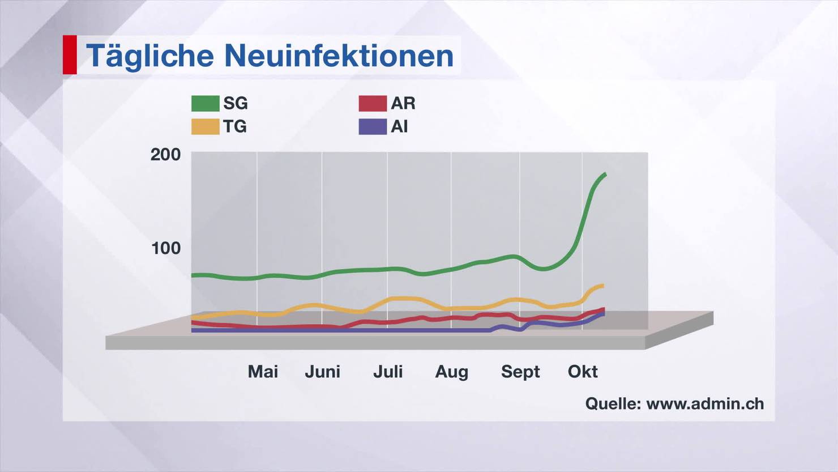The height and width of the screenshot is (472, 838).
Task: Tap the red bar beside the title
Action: [x=70, y=54]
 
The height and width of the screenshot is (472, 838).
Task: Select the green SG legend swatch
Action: [x=205, y=104]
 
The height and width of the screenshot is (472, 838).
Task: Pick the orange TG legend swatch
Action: [x=205, y=126]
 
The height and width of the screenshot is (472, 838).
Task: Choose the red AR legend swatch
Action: [x=373, y=104]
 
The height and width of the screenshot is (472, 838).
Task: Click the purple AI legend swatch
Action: [x=373, y=126]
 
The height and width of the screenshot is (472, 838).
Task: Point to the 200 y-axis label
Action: [x=165, y=154]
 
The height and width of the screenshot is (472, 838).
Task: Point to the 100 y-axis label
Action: [x=165, y=248]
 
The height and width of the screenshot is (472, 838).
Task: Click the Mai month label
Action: [x=263, y=372]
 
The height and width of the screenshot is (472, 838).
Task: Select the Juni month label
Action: [x=322, y=372]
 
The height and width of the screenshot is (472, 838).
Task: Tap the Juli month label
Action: [x=388, y=372]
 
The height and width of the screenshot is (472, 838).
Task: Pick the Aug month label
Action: [x=451, y=372]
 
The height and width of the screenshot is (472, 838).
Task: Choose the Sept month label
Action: [x=520, y=372]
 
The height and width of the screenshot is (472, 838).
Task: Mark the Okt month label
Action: [x=583, y=372]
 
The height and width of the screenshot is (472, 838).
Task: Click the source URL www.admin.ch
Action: [x=705, y=403]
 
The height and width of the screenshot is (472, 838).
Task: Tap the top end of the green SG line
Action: [x=605, y=175]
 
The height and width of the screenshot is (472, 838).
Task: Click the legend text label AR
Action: [x=403, y=103]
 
